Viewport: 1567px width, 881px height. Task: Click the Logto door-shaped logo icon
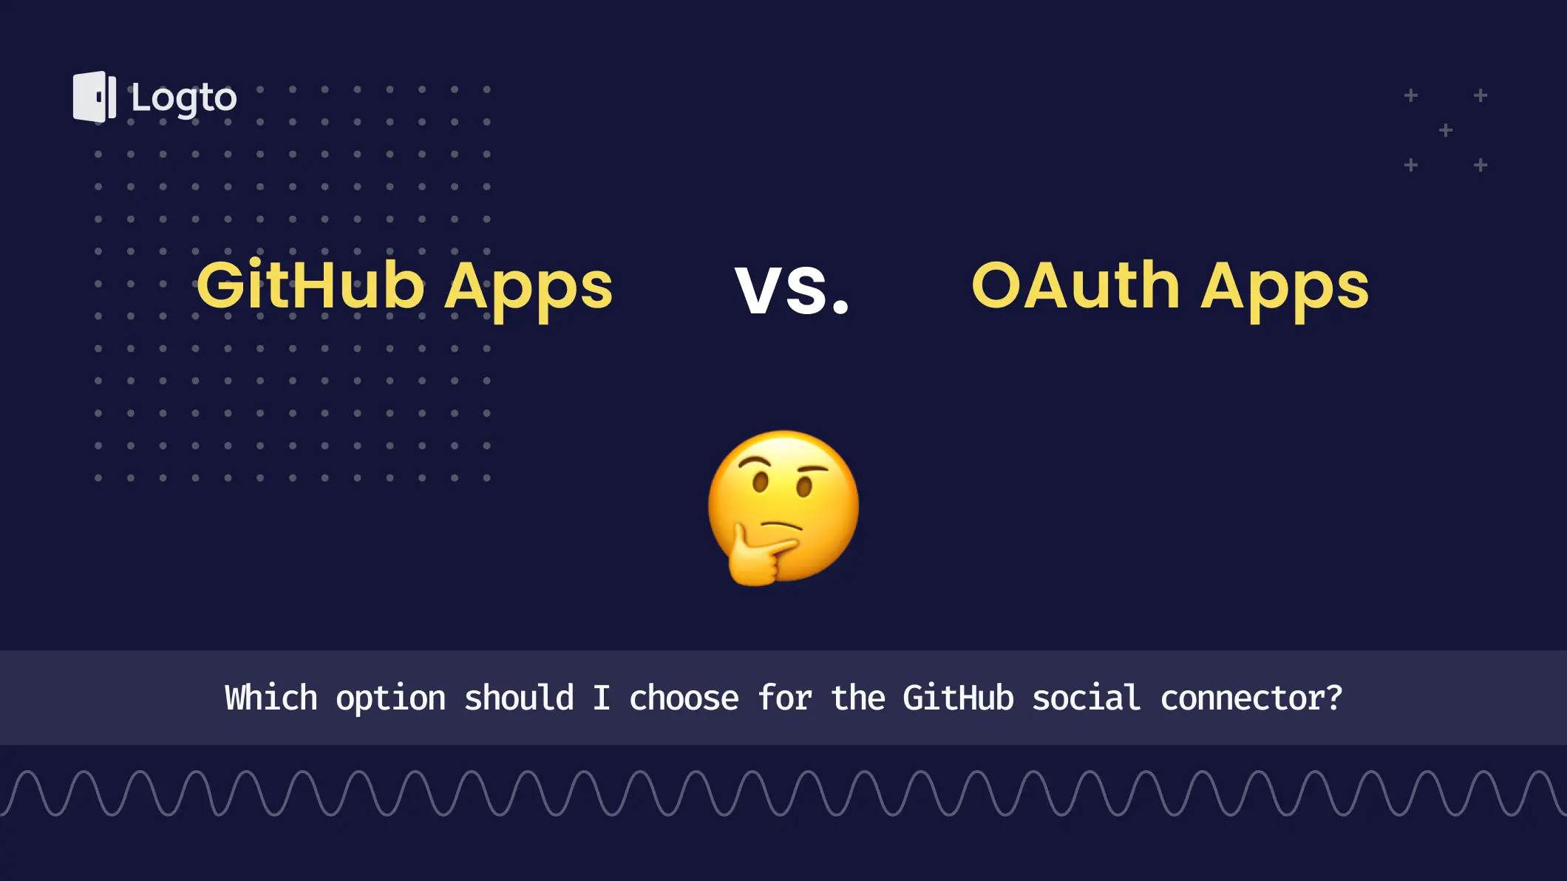[95, 97]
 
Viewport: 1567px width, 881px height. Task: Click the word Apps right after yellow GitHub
[528, 290]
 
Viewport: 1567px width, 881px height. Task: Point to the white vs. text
[792, 290]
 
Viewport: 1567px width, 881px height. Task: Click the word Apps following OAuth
[1285, 290]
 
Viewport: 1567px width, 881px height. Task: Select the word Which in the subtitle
[271, 698]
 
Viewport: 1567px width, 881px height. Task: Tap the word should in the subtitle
[519, 698]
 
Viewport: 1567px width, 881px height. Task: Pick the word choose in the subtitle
[684, 698]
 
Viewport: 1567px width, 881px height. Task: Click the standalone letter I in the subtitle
[602, 698]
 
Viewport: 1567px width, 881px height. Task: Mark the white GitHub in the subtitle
[958, 698]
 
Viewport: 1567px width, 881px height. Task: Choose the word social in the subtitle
[1087, 698]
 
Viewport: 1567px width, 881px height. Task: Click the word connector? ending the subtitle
[1251, 698]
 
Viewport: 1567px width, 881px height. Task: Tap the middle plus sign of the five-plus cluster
[1446, 131]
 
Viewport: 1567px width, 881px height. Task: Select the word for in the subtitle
[785, 698]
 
